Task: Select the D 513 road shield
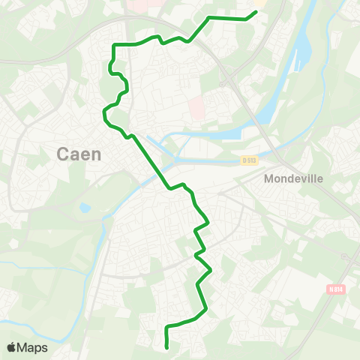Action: (249, 160)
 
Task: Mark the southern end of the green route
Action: (166, 346)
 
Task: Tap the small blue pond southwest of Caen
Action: (84, 207)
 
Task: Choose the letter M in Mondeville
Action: (268, 180)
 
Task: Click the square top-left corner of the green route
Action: (114, 46)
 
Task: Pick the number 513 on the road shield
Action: (252, 160)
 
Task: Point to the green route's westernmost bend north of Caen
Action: (103, 114)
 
